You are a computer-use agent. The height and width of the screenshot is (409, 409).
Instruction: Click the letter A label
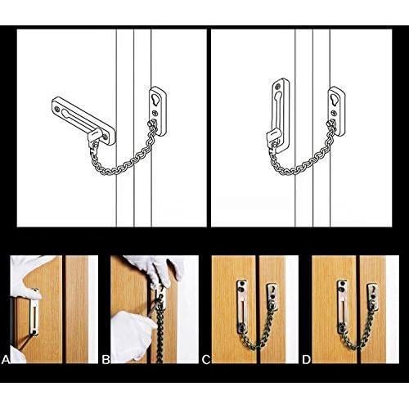point(5,358)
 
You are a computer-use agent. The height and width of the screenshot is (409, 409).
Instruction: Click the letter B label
point(106,358)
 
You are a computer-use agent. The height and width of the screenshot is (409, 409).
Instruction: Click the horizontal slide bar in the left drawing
point(79,115)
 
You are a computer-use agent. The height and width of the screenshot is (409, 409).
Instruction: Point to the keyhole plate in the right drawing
point(336,102)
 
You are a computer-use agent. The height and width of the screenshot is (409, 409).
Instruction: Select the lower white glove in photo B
point(131,335)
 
